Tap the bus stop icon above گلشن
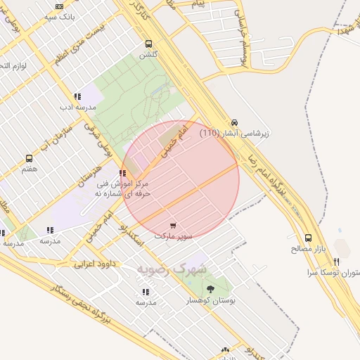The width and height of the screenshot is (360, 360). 148,43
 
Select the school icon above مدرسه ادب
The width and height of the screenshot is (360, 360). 77,97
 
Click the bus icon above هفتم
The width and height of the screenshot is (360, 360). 29,159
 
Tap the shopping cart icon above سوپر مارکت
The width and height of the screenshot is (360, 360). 173,226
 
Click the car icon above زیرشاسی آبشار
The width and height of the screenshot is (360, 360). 234,122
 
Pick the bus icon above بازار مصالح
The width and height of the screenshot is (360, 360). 309,238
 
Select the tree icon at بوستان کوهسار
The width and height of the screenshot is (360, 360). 210,289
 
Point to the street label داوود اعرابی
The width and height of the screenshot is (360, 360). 94,264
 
